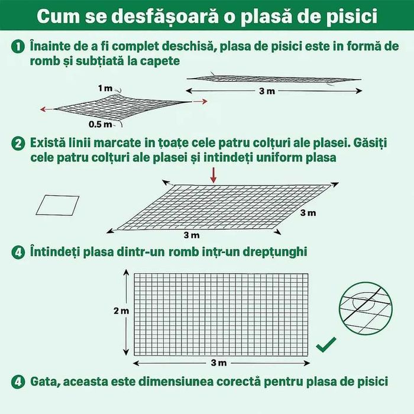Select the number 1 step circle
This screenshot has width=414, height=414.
[x=18, y=47]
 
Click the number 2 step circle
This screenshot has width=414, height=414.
[x=18, y=144]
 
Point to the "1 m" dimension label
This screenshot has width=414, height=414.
[x=105, y=88]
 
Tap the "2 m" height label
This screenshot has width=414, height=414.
[x=120, y=311]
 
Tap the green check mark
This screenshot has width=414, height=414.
[x=326, y=344]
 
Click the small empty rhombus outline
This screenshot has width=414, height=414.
[x=58, y=205]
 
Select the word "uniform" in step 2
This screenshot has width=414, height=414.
[x=277, y=158]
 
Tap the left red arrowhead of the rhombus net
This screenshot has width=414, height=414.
[x=42, y=109]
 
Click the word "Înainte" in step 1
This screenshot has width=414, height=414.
[x=50, y=47]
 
